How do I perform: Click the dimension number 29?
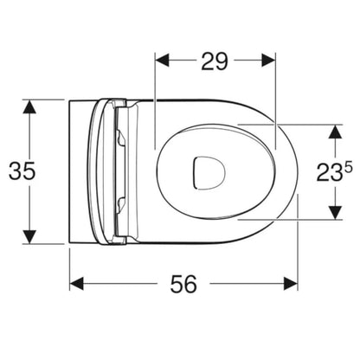click(x=215, y=61)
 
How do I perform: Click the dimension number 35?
click(x=22, y=170)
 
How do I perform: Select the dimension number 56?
click(x=183, y=284)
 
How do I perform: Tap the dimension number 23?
click(x=330, y=172)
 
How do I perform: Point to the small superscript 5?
click(x=348, y=167)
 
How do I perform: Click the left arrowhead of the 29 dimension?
click(x=162, y=60)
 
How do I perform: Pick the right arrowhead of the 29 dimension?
click(x=268, y=60)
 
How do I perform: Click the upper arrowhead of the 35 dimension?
click(x=29, y=106)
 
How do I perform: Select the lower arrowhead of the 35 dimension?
click(x=29, y=237)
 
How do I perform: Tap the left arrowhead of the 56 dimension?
click(x=76, y=284)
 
